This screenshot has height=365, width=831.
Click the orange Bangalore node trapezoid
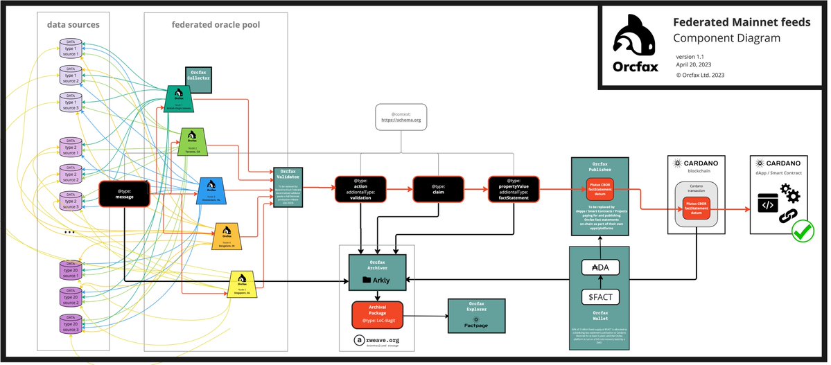tap(226, 237)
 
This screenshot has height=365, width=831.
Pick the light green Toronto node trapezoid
tap(191, 141)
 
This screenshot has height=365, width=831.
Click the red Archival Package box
tap(377, 315)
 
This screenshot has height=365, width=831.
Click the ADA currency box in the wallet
tap(600, 268)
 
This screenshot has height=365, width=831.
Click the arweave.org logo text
tap(377, 340)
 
